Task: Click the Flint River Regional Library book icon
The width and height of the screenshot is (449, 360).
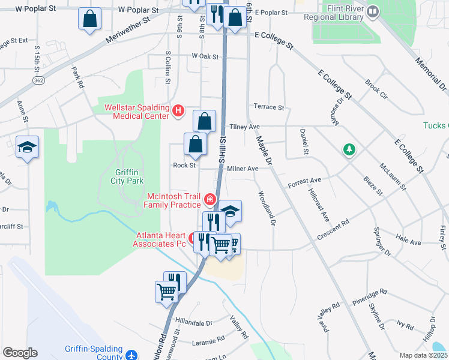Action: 373,11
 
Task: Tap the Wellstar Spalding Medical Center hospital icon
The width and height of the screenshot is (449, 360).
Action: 178,110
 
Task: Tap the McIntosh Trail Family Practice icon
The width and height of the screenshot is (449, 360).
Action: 209,199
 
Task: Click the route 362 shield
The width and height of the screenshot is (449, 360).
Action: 38,80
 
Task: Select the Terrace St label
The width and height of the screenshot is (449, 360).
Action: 268,107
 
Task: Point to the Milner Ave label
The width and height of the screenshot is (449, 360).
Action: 243,169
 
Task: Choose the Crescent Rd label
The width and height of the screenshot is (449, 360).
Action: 333,230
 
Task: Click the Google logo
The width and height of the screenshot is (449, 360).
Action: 20,353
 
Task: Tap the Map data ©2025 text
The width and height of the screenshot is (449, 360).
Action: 423,355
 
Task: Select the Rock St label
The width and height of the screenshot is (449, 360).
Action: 184,165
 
